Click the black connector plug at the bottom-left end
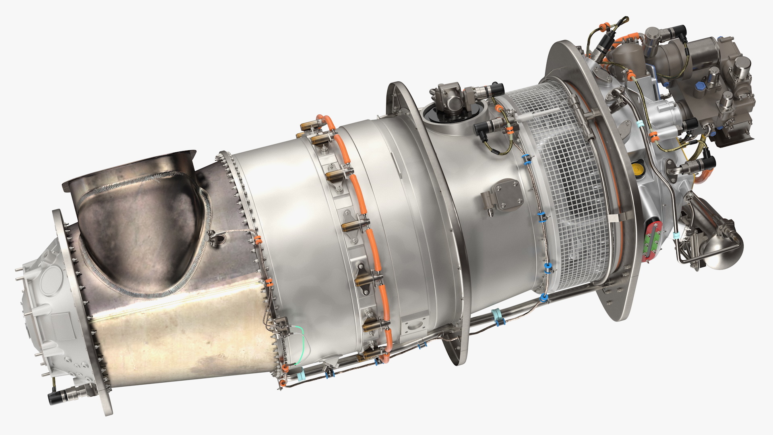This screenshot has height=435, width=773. tap(56, 398)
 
